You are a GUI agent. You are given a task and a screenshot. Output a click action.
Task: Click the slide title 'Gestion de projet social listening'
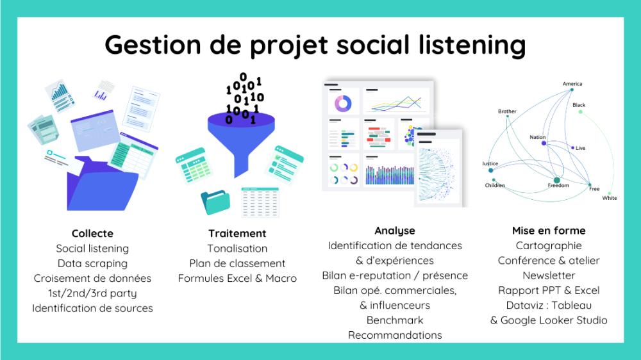(315, 45)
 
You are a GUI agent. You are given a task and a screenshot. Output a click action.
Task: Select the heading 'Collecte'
(92, 233)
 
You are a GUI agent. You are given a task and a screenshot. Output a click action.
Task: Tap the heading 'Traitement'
(237, 233)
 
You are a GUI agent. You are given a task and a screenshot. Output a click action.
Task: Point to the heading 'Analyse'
(395, 231)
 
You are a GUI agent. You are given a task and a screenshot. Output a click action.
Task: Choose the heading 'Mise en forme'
(549, 231)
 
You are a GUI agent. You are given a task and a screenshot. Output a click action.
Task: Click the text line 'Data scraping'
(92, 263)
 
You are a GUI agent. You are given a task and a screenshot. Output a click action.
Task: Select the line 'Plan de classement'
(237, 263)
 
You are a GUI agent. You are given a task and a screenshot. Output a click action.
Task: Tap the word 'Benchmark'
(395, 320)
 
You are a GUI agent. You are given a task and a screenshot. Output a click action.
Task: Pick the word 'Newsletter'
(549, 275)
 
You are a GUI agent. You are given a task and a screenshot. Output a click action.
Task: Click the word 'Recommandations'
(395, 335)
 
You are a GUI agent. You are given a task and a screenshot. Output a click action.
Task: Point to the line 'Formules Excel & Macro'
(237, 278)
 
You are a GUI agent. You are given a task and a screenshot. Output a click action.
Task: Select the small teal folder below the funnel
(215, 202)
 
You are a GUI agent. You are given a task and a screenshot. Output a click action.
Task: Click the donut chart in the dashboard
(343, 103)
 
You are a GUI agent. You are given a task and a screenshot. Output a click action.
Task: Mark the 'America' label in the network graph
(572, 84)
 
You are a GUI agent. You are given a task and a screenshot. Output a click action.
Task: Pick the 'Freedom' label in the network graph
(558, 186)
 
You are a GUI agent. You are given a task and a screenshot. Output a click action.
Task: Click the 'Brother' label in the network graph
(507, 111)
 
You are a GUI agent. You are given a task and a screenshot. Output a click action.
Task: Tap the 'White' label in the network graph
(610, 198)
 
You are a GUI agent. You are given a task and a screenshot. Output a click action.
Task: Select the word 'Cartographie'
(549, 245)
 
